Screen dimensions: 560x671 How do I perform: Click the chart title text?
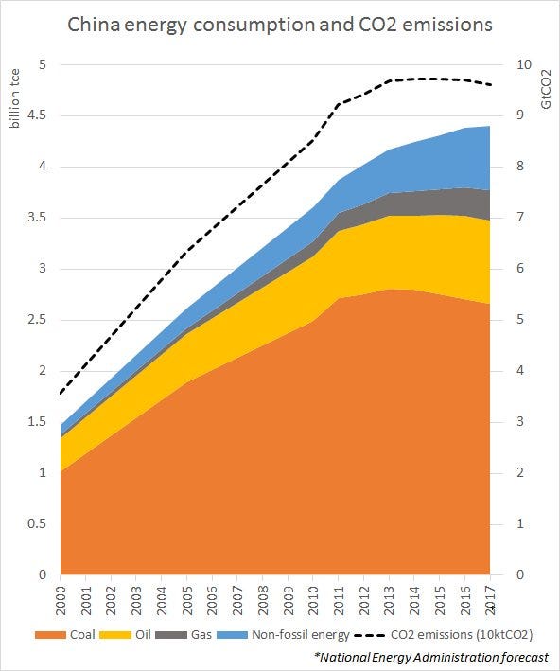click(x=280, y=25)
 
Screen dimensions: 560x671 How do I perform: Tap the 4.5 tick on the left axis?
click(x=36, y=115)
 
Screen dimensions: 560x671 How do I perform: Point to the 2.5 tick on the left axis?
click(x=36, y=320)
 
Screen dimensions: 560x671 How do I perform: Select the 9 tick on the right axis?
click(x=519, y=115)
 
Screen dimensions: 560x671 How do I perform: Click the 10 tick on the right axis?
click(x=524, y=64)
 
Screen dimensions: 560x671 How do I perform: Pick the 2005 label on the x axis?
click(x=186, y=600)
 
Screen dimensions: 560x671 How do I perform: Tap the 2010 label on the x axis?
click(x=313, y=600)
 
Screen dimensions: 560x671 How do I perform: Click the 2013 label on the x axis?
click(x=389, y=600)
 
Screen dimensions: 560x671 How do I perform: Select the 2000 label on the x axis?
click(x=61, y=600)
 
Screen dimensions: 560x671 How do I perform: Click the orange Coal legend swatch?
click(x=50, y=635)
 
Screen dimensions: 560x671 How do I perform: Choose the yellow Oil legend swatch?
click(x=115, y=635)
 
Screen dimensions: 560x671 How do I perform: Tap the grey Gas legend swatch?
click(x=171, y=635)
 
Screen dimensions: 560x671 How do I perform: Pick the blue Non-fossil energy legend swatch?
click(x=233, y=635)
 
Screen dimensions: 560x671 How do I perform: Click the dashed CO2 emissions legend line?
click(x=370, y=635)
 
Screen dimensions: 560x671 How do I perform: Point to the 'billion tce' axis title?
click(x=15, y=98)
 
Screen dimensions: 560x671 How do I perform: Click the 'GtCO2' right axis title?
click(x=546, y=89)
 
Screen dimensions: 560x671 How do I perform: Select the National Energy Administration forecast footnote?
click(x=431, y=657)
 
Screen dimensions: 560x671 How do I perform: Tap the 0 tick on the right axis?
click(x=519, y=574)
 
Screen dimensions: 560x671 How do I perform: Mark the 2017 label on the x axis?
click(x=490, y=600)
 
